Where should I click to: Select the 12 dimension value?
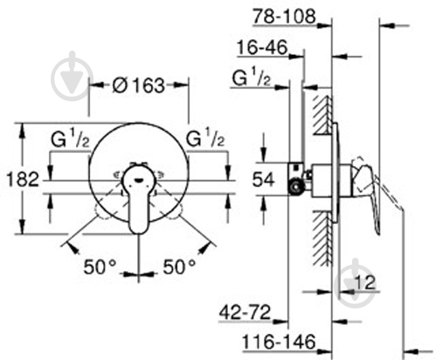pyautogui.click(x=368, y=282)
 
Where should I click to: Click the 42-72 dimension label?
pyautogui.click(x=245, y=310)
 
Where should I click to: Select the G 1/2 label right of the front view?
pyautogui.click(x=206, y=141)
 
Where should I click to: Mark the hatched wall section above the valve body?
pyautogui.click(x=320, y=118)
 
